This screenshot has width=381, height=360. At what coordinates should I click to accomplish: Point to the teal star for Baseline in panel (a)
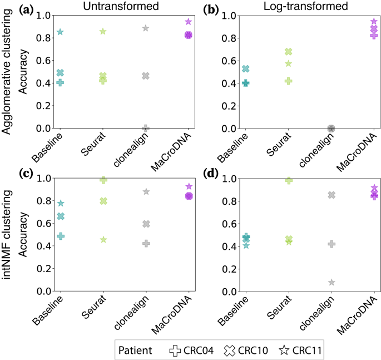tap(60, 32)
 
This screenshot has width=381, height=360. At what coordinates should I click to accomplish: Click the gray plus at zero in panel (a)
tap(146, 128)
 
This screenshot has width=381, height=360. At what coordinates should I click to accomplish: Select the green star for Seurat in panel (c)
tap(103, 240)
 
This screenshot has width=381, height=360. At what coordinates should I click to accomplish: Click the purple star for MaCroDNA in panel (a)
tap(189, 22)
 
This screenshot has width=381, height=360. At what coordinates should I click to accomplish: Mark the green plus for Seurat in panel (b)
tap(288, 81)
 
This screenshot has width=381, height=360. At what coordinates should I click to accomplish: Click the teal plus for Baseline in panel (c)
tap(60, 236)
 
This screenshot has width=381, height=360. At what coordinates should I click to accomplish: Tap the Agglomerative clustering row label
tap(8, 72)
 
